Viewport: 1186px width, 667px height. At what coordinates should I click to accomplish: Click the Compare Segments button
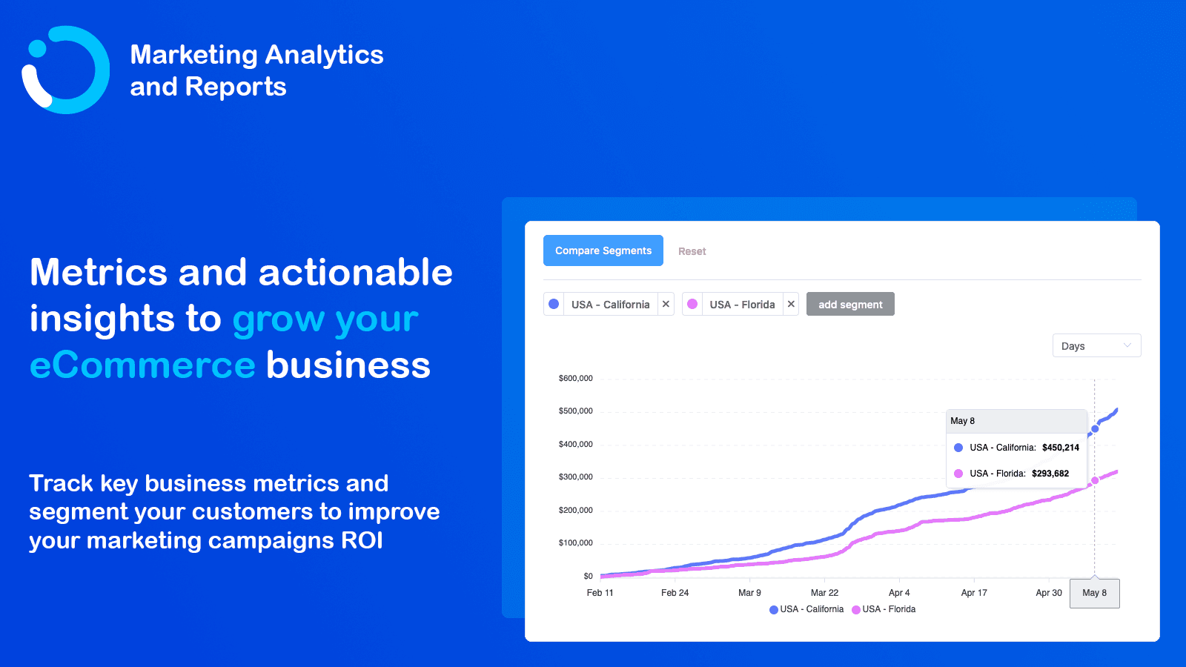(x=603, y=250)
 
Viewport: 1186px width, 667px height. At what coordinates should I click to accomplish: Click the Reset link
(x=692, y=251)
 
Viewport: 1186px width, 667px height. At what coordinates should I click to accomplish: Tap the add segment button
(x=850, y=304)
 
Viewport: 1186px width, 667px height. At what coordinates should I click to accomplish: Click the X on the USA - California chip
(x=666, y=304)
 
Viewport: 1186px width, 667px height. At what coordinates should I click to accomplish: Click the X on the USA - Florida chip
(x=791, y=304)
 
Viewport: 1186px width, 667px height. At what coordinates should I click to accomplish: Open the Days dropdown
(x=1096, y=345)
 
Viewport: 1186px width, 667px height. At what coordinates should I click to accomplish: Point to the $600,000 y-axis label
(x=575, y=378)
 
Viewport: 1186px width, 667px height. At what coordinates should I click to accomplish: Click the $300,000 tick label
(x=575, y=477)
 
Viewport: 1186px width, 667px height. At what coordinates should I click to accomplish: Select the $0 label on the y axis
(x=588, y=576)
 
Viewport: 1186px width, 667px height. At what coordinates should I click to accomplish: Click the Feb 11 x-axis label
(x=600, y=592)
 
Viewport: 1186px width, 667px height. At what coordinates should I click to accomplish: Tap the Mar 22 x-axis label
(x=824, y=592)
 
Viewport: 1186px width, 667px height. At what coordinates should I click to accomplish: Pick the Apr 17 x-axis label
(x=974, y=592)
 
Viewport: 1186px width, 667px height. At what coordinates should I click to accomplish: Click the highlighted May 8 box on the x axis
(x=1094, y=593)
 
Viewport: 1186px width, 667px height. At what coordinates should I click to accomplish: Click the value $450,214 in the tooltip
(x=1060, y=447)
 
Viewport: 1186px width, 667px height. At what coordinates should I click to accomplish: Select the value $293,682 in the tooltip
(x=1050, y=473)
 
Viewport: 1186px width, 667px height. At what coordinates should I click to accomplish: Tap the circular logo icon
(x=65, y=70)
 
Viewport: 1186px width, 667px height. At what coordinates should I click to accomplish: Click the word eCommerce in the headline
(x=142, y=365)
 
